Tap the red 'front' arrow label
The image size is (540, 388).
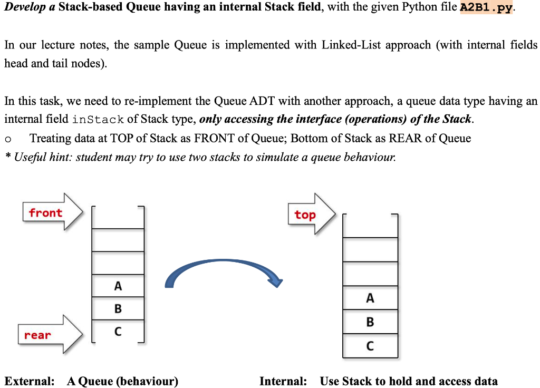tap(46, 212)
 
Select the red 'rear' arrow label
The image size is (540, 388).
tap(37, 335)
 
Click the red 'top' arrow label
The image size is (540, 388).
tap(305, 215)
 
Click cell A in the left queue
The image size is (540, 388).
tap(118, 286)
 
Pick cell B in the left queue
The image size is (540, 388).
tap(118, 308)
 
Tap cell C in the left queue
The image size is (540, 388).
tap(118, 332)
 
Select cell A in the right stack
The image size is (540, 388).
tap(370, 298)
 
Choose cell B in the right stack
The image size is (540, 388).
tap(370, 322)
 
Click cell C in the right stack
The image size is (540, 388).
tap(370, 346)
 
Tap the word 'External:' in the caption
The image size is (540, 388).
tap(30, 381)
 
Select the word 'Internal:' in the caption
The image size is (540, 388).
tap(283, 381)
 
